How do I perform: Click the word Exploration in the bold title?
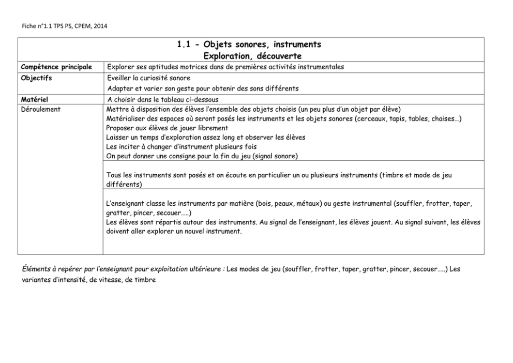point(225,55)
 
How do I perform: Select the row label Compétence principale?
point(56,67)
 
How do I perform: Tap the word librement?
point(210,128)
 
